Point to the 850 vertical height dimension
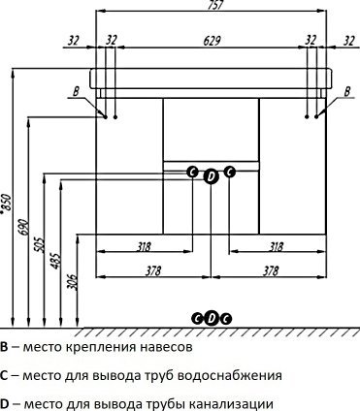click(x=9, y=205)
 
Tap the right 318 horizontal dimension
click(x=274, y=246)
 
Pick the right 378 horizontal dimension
click(x=274, y=270)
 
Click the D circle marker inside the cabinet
click(x=212, y=174)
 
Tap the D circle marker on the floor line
click(x=212, y=317)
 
